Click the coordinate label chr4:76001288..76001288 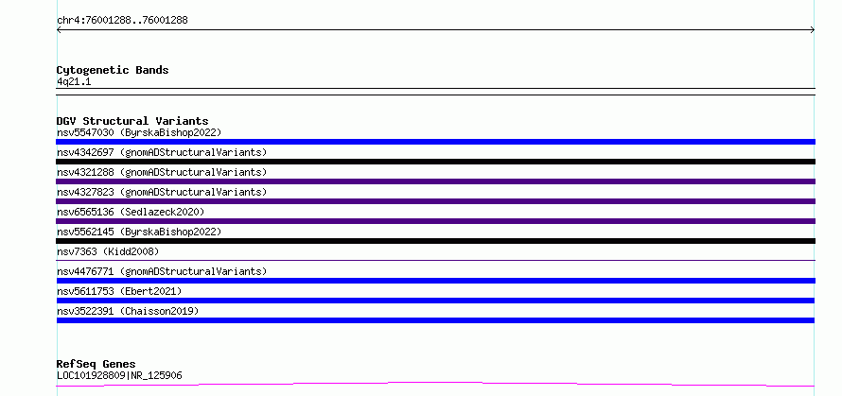pyautogui.click(x=122, y=21)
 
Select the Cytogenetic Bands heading pyautogui.click(x=113, y=70)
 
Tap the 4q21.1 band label pyautogui.click(x=74, y=81)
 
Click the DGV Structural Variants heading pyautogui.click(x=132, y=121)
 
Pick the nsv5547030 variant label pyautogui.click(x=139, y=132)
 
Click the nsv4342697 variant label pyautogui.click(x=162, y=152)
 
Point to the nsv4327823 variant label pyautogui.click(x=162, y=192)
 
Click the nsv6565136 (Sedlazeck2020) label pyautogui.click(x=131, y=212)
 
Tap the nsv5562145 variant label pyautogui.click(x=139, y=232)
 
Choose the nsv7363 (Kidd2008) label pyautogui.click(x=108, y=251)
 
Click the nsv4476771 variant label pyautogui.click(x=162, y=271)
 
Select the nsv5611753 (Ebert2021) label pyautogui.click(x=119, y=291)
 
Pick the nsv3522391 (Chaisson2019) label pyautogui.click(x=128, y=311)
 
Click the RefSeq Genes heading pyautogui.click(x=96, y=365)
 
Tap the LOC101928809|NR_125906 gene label pyautogui.click(x=119, y=375)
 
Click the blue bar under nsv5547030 pyautogui.click(x=435, y=142)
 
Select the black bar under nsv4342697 pyautogui.click(x=435, y=162)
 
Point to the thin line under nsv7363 pyautogui.click(x=435, y=260)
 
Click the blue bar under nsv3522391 pyautogui.click(x=435, y=320)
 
